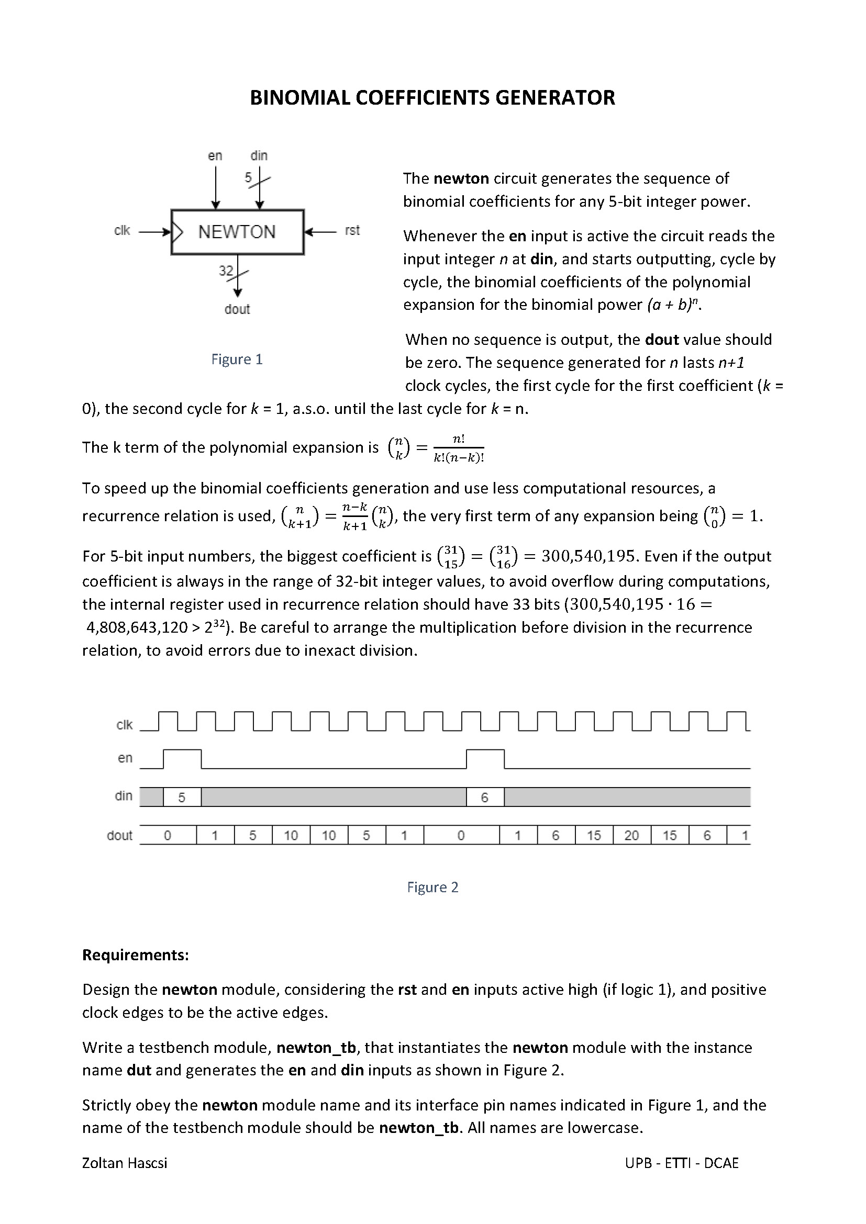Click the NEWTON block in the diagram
pyautogui.click(x=237, y=232)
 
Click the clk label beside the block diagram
pyautogui.click(x=122, y=230)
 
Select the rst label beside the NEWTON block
pyautogui.click(x=352, y=230)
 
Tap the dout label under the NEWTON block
pyautogui.click(x=237, y=309)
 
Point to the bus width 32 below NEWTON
pyautogui.click(x=226, y=271)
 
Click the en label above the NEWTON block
pyautogui.click(x=215, y=155)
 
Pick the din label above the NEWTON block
pyautogui.click(x=259, y=155)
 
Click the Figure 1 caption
pyautogui.click(x=237, y=360)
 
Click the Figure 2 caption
pyautogui.click(x=432, y=887)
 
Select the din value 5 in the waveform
pyautogui.click(x=182, y=798)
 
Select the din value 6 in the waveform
pyautogui.click(x=484, y=798)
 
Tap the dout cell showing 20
pyautogui.click(x=631, y=835)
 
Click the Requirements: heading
pyautogui.click(x=136, y=955)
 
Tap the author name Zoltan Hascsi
pyautogui.click(x=124, y=1163)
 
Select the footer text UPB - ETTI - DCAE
pyautogui.click(x=682, y=1163)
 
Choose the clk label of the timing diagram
pyautogui.click(x=124, y=725)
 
